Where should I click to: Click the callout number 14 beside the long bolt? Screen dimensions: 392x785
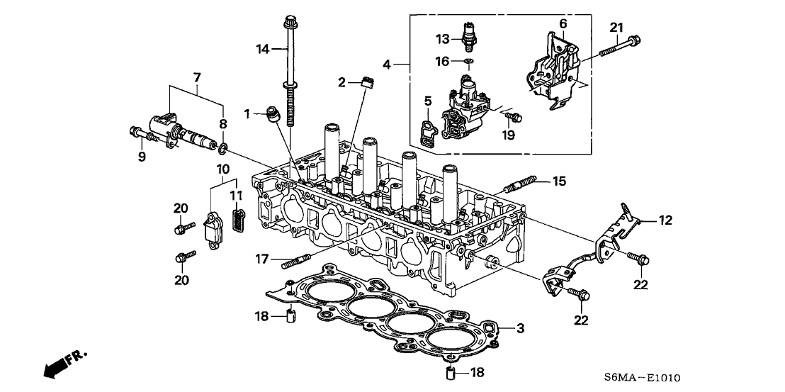[x=263, y=49]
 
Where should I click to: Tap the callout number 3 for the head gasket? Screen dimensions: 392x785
[x=521, y=328]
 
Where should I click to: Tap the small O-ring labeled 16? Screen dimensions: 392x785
[x=468, y=62]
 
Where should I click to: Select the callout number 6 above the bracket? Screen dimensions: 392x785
[x=563, y=23]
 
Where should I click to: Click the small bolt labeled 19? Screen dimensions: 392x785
[x=515, y=115]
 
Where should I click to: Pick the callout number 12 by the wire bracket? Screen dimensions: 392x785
[x=664, y=221]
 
